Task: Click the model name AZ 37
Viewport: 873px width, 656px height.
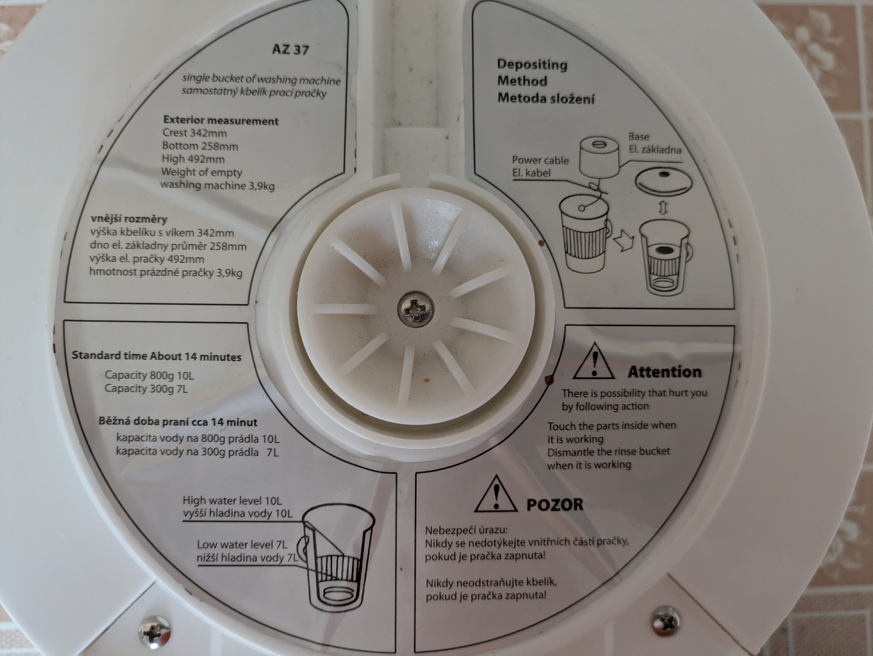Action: [291, 50]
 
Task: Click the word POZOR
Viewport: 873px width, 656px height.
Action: [554, 504]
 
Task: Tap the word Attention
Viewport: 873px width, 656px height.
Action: [665, 372]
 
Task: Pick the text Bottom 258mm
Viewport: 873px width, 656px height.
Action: [200, 146]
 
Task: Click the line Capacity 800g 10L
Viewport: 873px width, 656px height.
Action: [149, 375]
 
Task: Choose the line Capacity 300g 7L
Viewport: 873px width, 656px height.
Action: [146, 388]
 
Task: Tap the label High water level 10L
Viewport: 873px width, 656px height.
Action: [232, 501]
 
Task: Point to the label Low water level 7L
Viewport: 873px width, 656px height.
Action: [242, 545]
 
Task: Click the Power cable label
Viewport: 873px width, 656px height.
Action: [540, 160]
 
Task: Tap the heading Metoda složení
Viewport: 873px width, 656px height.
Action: [546, 98]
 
